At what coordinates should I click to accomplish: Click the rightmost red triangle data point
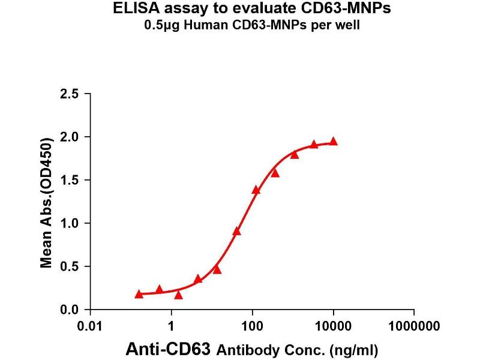(x=334, y=142)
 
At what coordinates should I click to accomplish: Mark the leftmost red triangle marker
(x=139, y=294)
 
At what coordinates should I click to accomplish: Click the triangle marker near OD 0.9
(x=237, y=231)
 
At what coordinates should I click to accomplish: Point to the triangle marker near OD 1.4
(x=256, y=190)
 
